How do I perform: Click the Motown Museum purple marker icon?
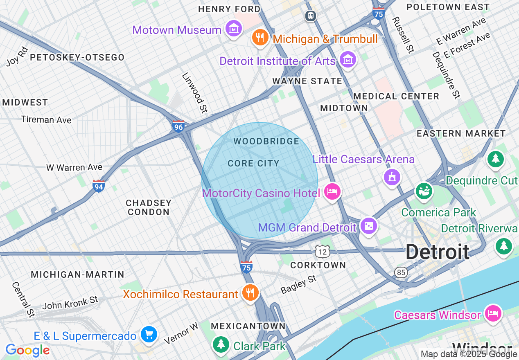point(233,29)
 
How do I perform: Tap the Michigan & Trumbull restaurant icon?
point(260,38)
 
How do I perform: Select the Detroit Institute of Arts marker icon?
point(348,60)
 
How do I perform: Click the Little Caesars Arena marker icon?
point(392,177)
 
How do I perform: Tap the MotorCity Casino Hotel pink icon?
point(332,191)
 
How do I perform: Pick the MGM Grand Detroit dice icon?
point(368,226)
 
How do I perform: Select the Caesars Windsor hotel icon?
point(493,314)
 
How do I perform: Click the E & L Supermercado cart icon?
point(148,335)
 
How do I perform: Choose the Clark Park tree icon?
point(221,344)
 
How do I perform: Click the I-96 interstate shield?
point(178,126)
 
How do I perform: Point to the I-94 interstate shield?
point(99,186)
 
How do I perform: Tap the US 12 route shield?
point(323,251)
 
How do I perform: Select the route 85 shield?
point(401,272)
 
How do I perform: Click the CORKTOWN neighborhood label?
point(318,265)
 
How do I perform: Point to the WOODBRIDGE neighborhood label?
point(266,142)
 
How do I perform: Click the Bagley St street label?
point(298,284)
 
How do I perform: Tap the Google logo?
point(27,350)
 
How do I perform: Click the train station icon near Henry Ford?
point(311,16)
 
